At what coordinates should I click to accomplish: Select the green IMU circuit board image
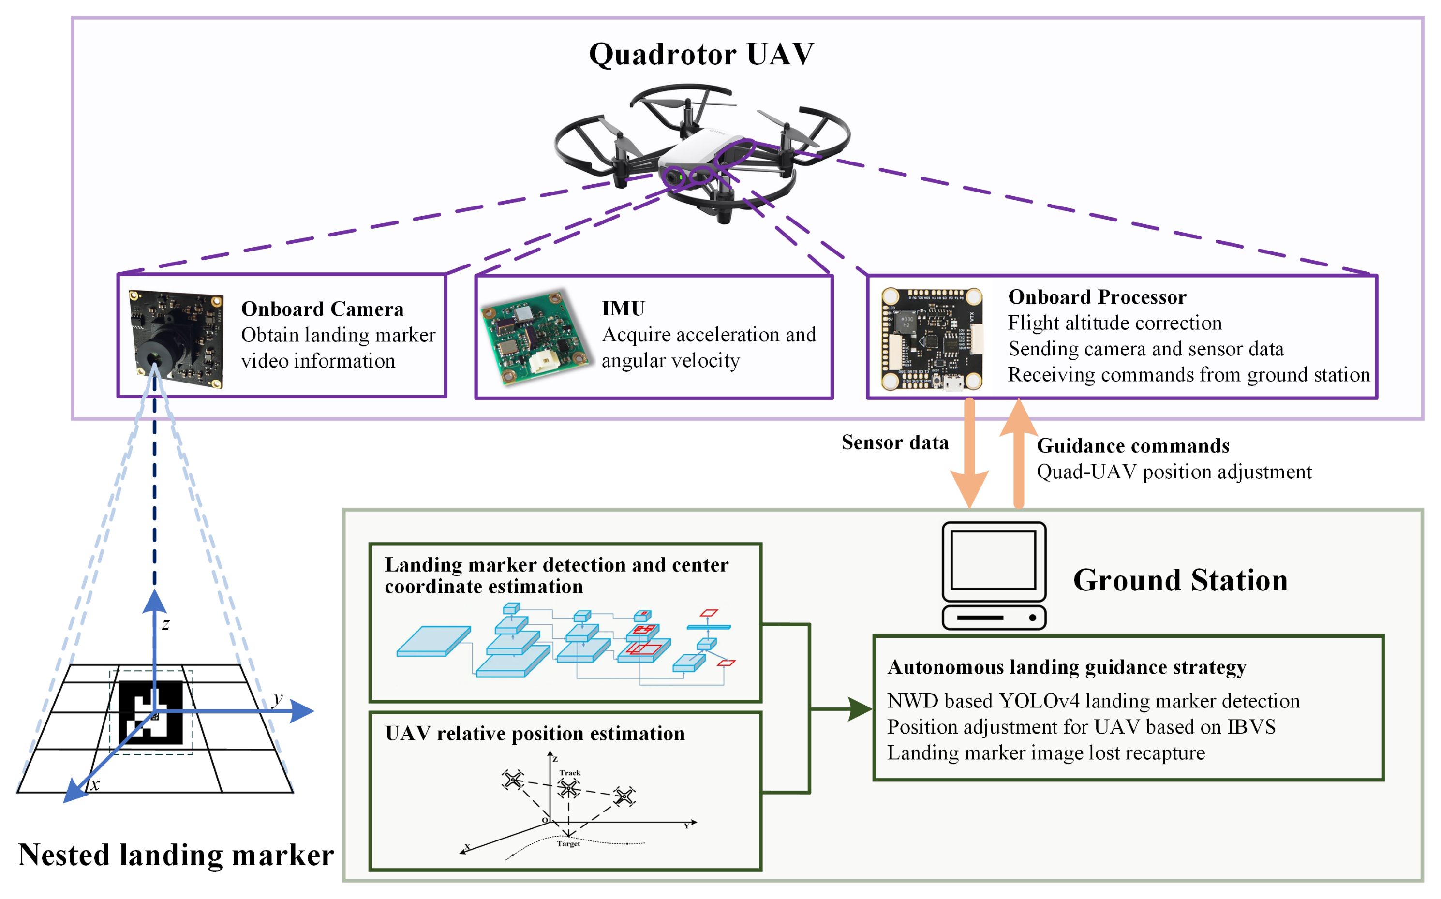(535, 337)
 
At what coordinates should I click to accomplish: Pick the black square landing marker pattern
(150, 712)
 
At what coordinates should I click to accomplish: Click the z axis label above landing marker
(166, 624)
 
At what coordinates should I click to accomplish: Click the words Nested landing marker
(176, 855)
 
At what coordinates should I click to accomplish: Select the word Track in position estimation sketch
(570, 773)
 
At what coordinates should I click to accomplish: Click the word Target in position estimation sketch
(568, 844)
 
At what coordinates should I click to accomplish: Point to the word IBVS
(1251, 726)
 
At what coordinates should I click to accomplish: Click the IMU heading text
(623, 309)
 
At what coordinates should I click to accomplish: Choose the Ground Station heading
(1180, 580)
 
